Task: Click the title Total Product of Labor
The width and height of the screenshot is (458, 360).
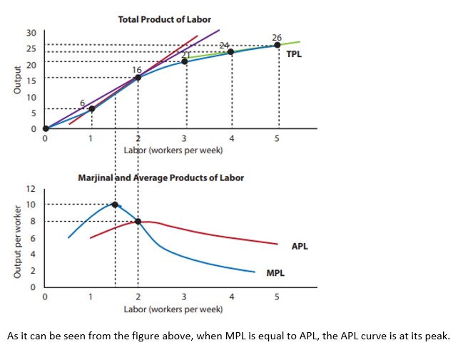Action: [164, 19]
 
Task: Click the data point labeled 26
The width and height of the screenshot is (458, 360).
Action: [278, 46]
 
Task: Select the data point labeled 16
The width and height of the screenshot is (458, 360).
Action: [138, 77]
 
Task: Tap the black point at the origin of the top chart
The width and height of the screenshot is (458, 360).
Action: [46, 129]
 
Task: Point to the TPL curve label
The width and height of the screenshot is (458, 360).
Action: [293, 54]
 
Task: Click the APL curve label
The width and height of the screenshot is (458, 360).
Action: [300, 247]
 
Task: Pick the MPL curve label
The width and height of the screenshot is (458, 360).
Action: [276, 273]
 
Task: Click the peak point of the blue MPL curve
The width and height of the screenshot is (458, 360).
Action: [115, 205]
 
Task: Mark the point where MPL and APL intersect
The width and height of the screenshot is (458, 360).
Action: [138, 221]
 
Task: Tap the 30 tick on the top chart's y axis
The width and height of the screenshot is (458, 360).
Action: [31, 33]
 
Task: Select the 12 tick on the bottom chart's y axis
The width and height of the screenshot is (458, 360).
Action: [31, 189]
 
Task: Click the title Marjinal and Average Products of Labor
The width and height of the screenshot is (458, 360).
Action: [161, 178]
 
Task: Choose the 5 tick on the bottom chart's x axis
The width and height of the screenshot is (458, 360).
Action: [278, 297]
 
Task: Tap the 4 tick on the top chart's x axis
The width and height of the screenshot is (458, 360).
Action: [231, 138]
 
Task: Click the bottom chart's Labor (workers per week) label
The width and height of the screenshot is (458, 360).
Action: [173, 309]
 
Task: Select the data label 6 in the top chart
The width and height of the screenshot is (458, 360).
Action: [83, 104]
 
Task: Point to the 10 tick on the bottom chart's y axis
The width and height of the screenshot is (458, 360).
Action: [31, 205]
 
